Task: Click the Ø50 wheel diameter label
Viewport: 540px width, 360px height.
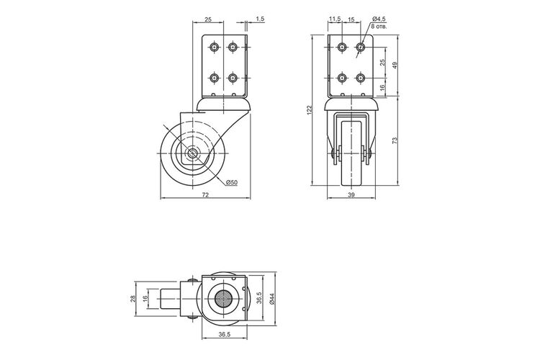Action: [232, 183]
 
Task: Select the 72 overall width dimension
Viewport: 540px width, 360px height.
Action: [205, 195]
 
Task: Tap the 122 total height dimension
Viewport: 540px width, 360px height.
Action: [309, 110]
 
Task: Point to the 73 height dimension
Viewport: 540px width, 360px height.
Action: [395, 140]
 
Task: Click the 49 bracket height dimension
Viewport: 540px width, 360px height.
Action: [395, 65]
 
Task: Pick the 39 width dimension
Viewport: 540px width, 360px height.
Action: [351, 195]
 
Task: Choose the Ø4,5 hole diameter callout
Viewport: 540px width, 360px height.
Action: [379, 19]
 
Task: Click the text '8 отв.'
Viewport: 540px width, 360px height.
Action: [379, 26]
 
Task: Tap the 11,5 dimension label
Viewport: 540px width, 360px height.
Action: [335, 19]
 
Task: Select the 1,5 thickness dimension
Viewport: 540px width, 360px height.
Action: [260, 19]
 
